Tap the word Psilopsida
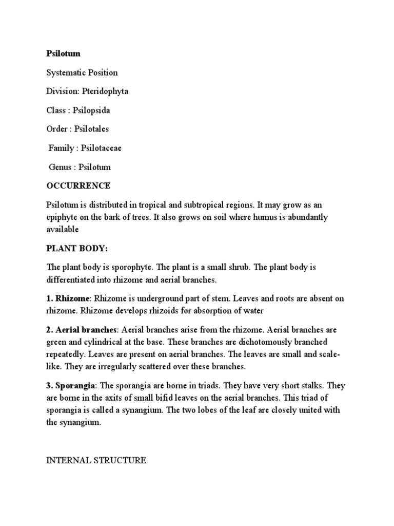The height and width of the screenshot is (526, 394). [91, 110]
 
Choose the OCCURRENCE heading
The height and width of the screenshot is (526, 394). [78, 185]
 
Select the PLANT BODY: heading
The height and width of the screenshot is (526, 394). [77, 248]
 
